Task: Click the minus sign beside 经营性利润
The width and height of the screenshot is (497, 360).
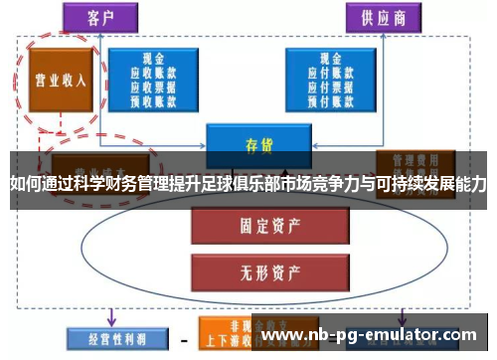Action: (183, 338)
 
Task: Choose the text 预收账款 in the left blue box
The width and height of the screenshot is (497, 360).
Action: (154, 98)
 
